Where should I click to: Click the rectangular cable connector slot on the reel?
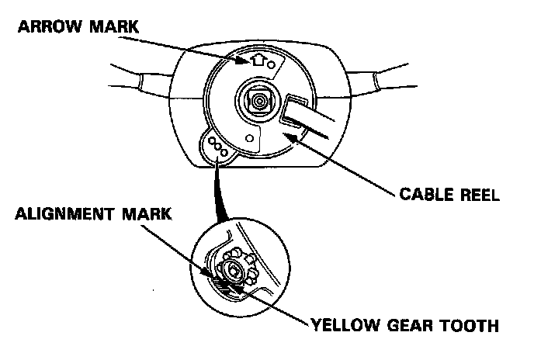pos(296,110)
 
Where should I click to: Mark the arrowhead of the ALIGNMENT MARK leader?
pos(212,273)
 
